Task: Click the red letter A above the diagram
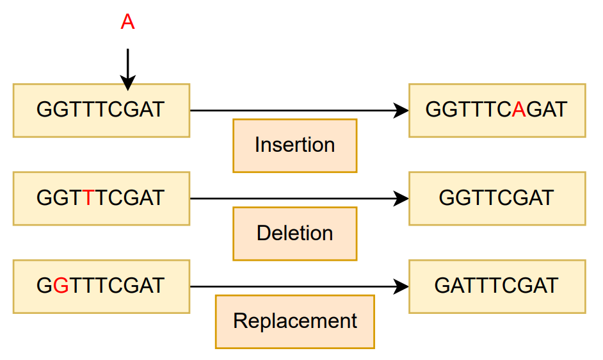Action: click(128, 22)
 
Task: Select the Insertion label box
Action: click(294, 145)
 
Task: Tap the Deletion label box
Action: click(294, 233)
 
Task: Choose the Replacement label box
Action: click(294, 321)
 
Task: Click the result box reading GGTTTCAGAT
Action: click(497, 110)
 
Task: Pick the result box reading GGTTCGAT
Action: click(497, 198)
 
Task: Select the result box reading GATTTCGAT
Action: click(497, 286)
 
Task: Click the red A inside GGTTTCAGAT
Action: click(519, 110)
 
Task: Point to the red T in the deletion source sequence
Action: click(89, 198)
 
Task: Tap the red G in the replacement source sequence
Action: click(61, 286)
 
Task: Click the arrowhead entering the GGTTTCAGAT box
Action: click(401, 110)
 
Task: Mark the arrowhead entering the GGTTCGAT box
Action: click(401, 198)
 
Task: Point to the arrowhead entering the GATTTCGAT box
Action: click(401, 286)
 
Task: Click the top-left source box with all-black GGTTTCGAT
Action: click(101, 110)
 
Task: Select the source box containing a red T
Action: click(101, 198)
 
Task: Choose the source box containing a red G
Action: click(101, 286)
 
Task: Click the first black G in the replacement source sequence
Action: click(44, 286)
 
